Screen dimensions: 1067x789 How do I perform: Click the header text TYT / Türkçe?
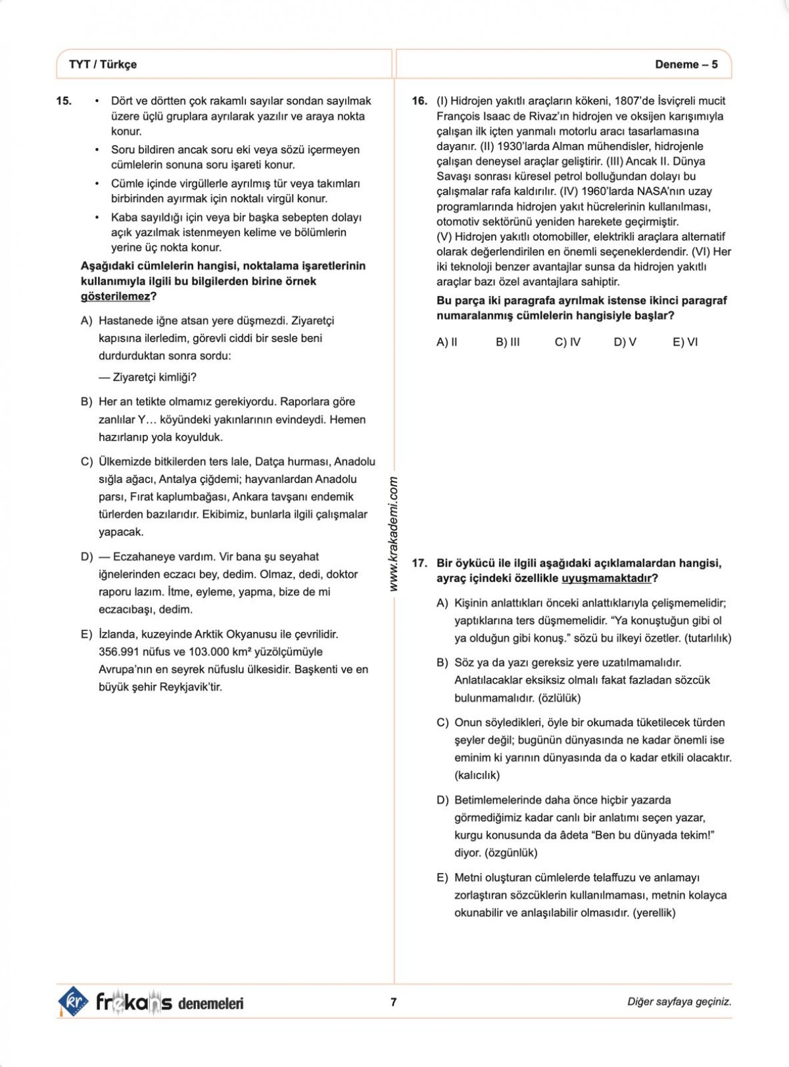click(x=103, y=64)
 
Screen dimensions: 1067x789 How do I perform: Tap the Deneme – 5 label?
click(x=686, y=64)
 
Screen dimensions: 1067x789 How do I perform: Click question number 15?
click(x=64, y=101)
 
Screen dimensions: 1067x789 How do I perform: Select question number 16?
click(x=419, y=101)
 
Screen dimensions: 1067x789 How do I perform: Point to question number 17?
click(x=419, y=563)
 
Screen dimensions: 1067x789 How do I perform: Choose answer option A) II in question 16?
click(x=447, y=342)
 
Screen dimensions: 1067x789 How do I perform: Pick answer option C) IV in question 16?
click(x=567, y=342)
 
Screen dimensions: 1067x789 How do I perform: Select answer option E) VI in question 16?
click(x=685, y=342)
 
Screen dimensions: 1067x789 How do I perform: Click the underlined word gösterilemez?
click(x=115, y=297)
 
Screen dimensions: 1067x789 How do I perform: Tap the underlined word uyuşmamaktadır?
click(x=606, y=579)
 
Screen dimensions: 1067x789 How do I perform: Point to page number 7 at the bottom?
click(x=394, y=1002)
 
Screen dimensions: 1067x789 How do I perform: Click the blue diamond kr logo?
click(x=73, y=1002)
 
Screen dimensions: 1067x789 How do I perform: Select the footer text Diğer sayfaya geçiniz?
click(x=679, y=1002)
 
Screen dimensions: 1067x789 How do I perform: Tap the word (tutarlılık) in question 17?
click(x=707, y=638)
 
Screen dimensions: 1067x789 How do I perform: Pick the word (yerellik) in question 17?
click(x=654, y=913)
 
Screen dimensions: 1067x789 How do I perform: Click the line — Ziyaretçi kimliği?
click(x=148, y=378)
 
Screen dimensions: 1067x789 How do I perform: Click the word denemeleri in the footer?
click(x=210, y=1003)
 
